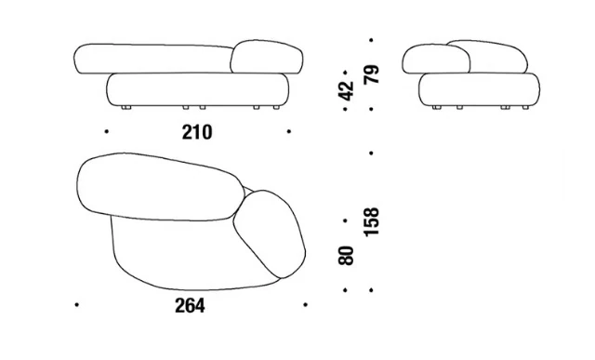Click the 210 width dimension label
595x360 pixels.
[x=197, y=132]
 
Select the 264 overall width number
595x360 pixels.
[x=190, y=305]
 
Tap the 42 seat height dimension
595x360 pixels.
[x=346, y=91]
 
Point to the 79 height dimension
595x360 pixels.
[x=371, y=74]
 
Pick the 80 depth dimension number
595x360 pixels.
[x=346, y=256]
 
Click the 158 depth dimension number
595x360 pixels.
[x=371, y=222]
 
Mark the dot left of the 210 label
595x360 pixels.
[x=107, y=131]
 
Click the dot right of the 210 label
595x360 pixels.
[x=289, y=131]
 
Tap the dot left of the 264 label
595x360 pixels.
[x=76, y=304]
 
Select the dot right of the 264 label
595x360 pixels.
[x=306, y=304]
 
